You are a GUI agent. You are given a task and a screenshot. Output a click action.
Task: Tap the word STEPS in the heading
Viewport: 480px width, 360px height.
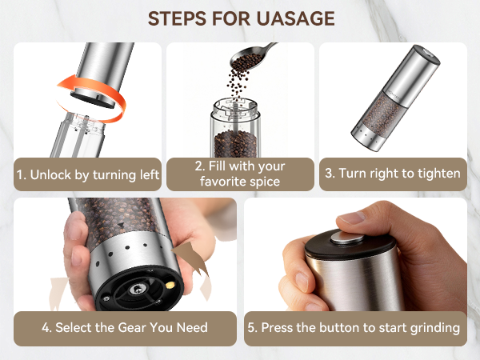click(178, 18)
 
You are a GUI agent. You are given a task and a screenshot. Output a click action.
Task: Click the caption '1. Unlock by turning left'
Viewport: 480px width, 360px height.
click(87, 174)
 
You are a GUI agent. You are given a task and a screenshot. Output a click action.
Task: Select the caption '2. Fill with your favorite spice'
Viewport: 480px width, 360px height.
click(240, 174)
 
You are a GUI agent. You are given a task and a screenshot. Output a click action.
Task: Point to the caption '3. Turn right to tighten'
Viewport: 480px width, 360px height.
click(393, 174)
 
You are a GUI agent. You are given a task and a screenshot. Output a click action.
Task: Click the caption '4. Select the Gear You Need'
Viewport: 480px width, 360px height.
click(125, 327)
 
